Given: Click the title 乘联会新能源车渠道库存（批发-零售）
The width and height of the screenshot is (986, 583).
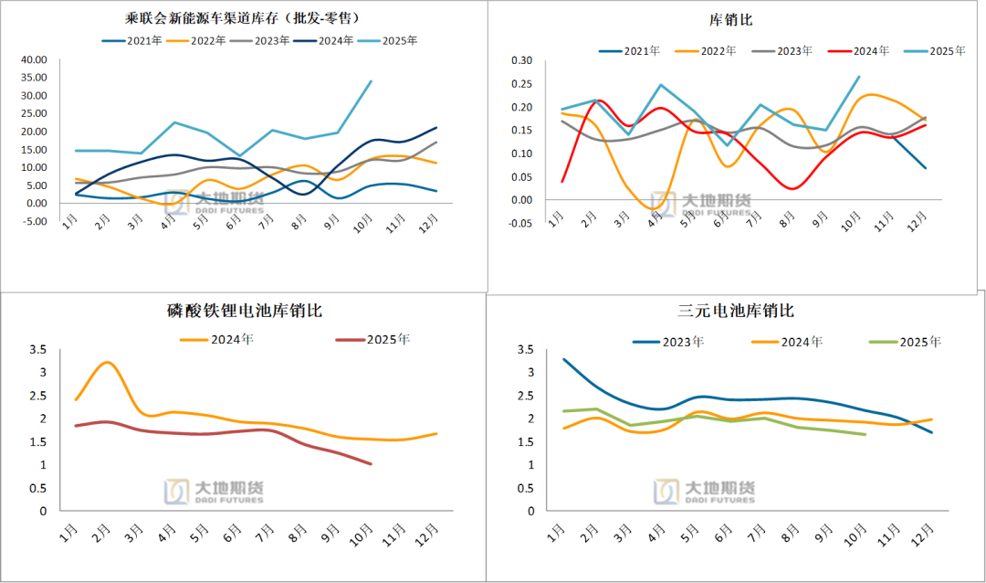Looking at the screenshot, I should (239, 17).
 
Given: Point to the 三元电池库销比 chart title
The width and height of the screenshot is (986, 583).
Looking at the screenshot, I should (736, 312).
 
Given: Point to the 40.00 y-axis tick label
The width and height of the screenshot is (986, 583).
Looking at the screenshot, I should (33, 60).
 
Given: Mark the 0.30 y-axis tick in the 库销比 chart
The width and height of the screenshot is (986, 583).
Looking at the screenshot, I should (521, 61).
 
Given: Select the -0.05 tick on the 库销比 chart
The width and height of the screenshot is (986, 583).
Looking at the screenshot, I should (519, 223).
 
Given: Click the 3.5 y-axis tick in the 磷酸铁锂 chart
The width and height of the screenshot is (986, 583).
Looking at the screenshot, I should (37, 350).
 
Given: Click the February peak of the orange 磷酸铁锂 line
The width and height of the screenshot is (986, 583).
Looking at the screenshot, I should (107, 363).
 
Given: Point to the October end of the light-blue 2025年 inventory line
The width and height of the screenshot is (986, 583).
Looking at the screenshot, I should (371, 81).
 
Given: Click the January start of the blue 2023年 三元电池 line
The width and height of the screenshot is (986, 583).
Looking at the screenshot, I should (563, 359).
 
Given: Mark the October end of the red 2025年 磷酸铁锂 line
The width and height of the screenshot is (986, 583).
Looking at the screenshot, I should (371, 464).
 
